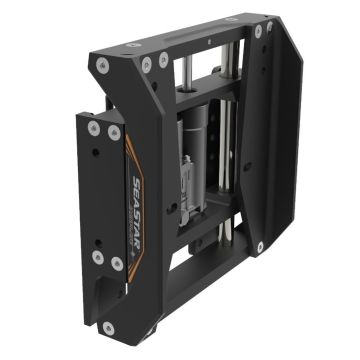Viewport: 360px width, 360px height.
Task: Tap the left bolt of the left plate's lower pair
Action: [x=97, y=255]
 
